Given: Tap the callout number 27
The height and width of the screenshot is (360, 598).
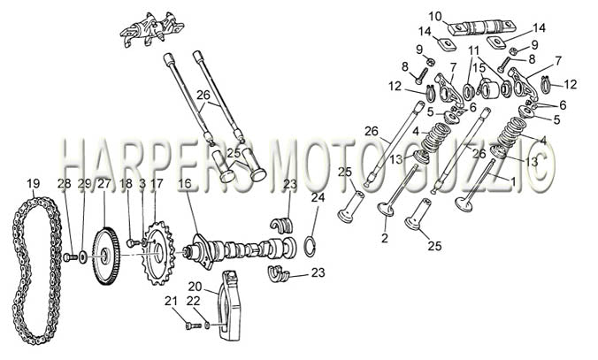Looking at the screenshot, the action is (103, 183).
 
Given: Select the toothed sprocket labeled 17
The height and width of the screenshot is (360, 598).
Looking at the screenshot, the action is (159, 253).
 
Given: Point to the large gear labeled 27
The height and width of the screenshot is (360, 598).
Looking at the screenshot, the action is (105, 256).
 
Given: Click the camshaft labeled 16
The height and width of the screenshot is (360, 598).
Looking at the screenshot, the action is (241, 250).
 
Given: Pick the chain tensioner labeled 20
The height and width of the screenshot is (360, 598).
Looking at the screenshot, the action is (230, 304).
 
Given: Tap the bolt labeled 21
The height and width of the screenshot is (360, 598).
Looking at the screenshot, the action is (194, 326).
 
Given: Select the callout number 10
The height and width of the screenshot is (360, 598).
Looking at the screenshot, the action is (434, 17).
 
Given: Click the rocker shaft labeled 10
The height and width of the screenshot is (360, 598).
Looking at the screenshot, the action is (482, 27).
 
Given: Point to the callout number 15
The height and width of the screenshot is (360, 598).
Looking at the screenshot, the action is (479, 68).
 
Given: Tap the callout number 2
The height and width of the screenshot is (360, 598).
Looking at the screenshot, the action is (385, 238).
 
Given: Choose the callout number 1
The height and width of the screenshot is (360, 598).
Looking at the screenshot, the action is (513, 181).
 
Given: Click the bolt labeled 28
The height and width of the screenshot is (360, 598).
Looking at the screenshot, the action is (70, 257).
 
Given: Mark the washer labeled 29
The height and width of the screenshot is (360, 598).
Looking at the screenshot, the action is (83, 257).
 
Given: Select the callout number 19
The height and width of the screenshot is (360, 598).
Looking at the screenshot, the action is (34, 183).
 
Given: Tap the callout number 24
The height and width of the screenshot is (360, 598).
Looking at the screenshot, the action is (318, 198).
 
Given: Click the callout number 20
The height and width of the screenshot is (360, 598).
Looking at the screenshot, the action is (195, 286).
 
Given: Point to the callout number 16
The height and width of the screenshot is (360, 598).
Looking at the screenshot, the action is (185, 183).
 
